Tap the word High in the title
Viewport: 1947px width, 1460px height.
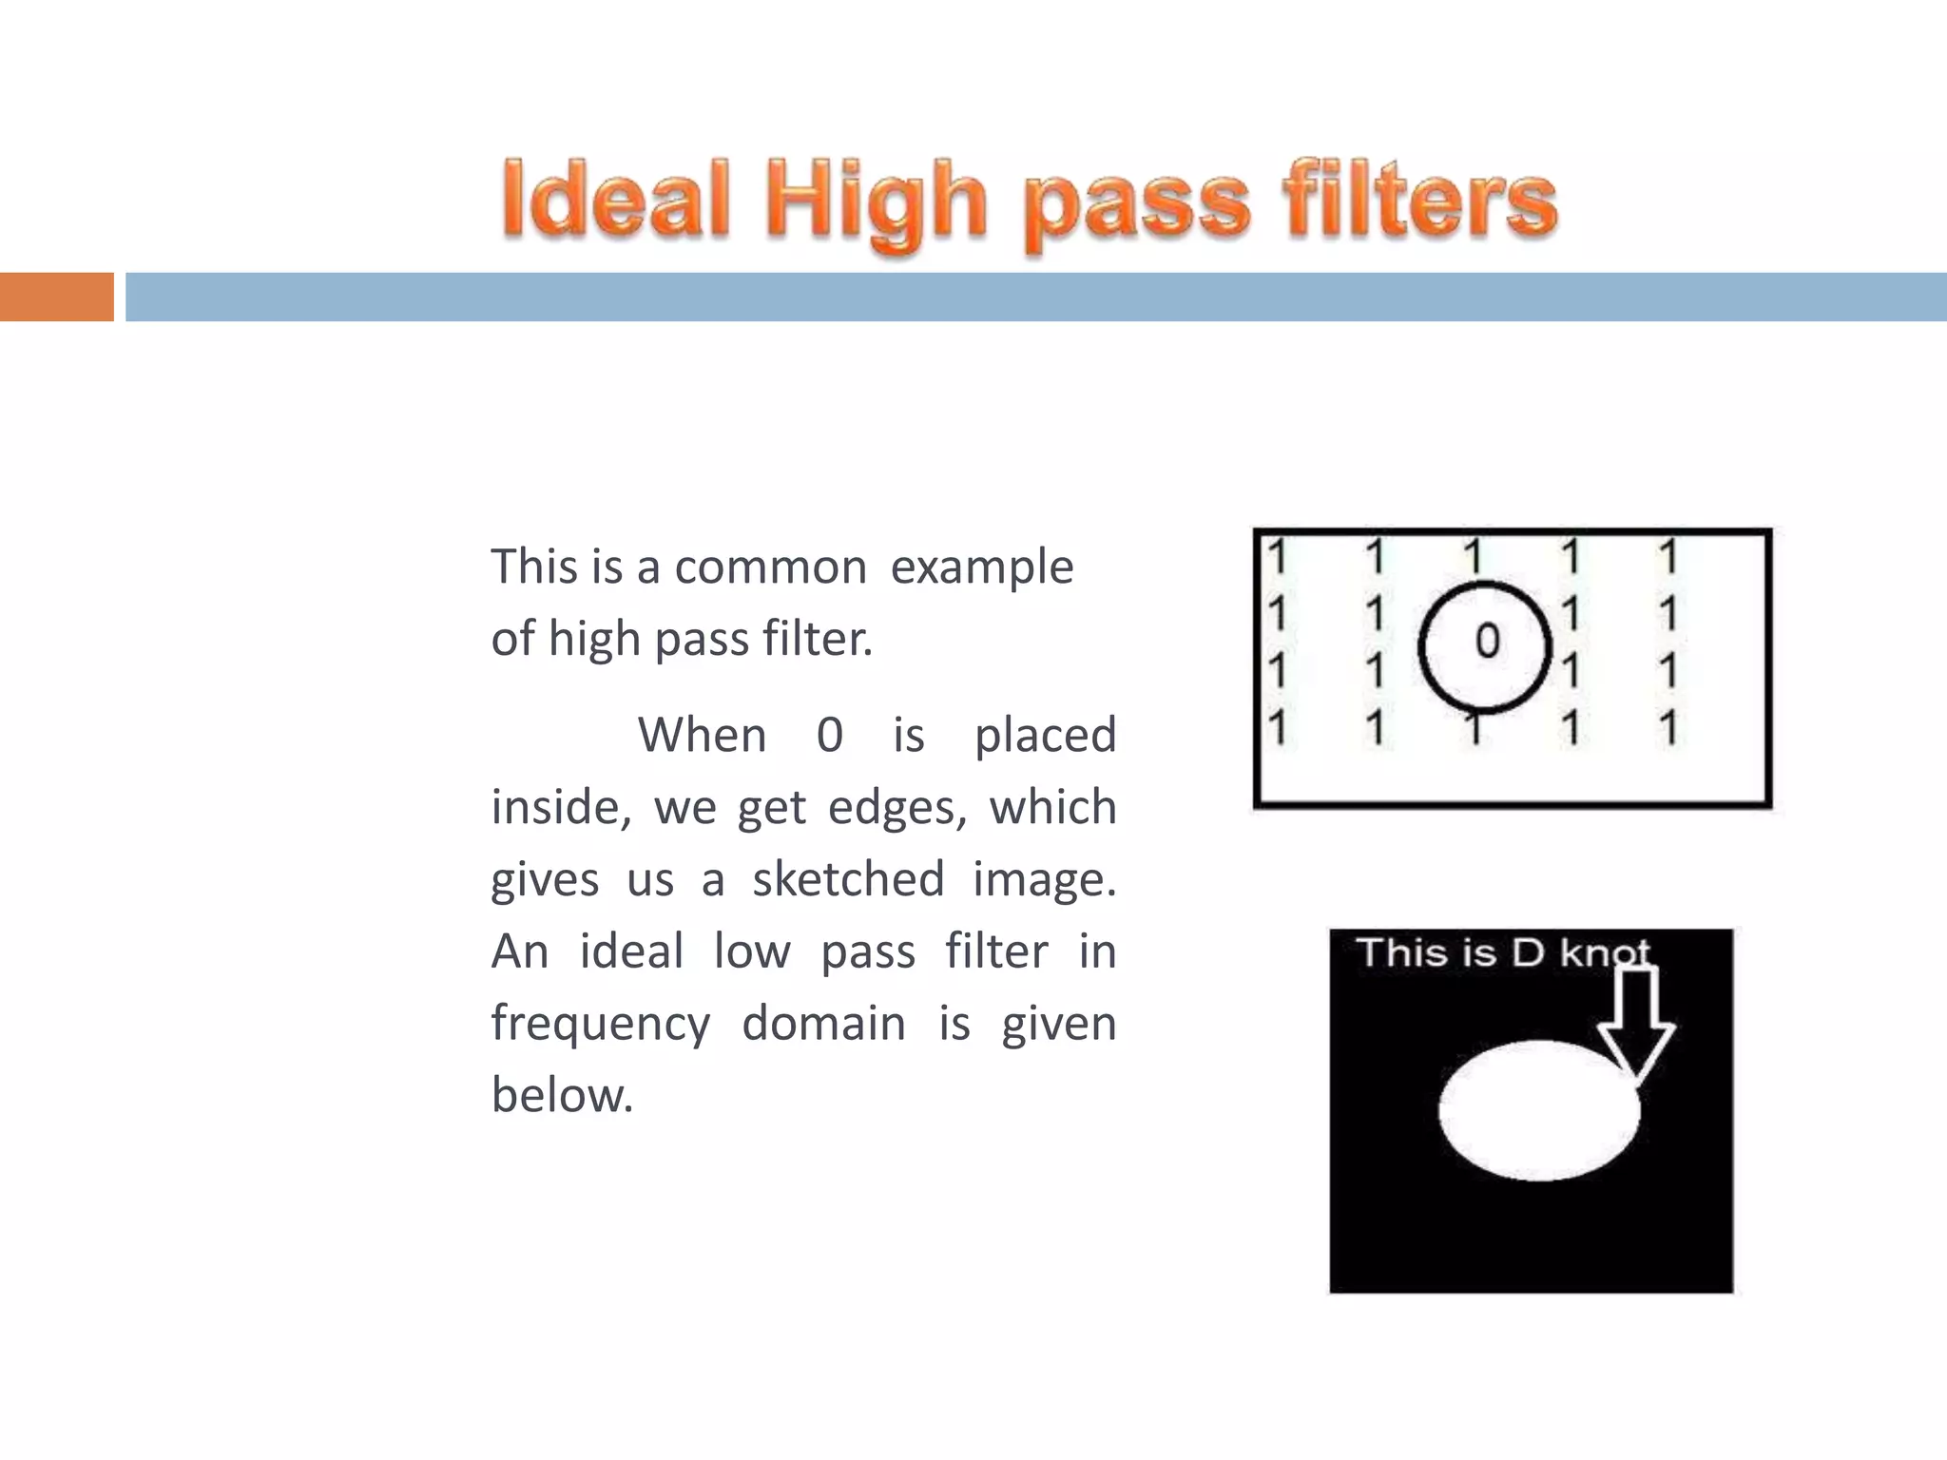pyautogui.click(x=877, y=204)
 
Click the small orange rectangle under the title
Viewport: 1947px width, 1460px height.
pyautogui.click(x=56, y=297)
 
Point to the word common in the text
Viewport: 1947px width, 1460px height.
pyautogui.click(x=770, y=567)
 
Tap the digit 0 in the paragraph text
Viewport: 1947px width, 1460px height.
pyautogui.click(x=830, y=735)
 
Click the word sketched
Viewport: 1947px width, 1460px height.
pyautogui.click(x=848, y=878)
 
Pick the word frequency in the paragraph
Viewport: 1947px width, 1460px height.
pyautogui.click(x=600, y=1025)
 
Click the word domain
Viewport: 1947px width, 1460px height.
pyautogui.click(x=823, y=1023)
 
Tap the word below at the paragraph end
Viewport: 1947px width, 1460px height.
pyautogui.click(x=561, y=1094)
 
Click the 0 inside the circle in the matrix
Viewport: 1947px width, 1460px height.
pyautogui.click(x=1487, y=642)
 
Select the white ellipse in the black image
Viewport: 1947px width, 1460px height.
pyautogui.click(x=1538, y=1110)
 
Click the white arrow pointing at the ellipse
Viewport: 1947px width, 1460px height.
pyautogui.click(x=1635, y=1022)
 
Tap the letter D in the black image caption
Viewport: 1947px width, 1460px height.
pyautogui.click(x=1527, y=952)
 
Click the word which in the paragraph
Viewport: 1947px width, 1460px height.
pyautogui.click(x=1052, y=807)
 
